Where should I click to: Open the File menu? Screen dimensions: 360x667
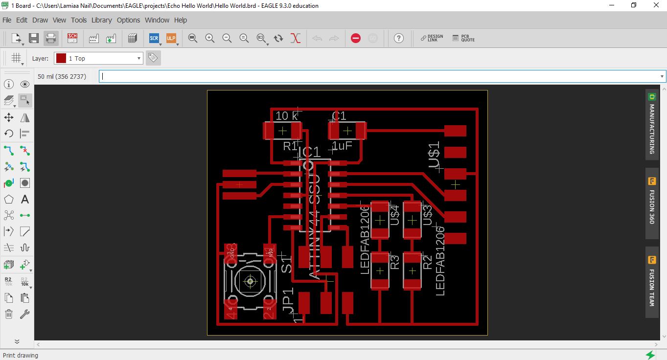pos(7,20)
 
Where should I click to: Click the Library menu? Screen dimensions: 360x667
pos(101,20)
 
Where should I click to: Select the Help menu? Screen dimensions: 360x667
pos(181,20)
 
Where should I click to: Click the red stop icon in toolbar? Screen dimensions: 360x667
pos(356,38)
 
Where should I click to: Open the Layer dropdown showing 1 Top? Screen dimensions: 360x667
pos(98,58)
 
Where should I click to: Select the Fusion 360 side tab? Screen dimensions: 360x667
pos(652,201)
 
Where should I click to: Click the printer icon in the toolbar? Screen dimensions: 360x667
pos(51,38)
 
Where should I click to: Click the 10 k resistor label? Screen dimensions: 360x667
pos(287,116)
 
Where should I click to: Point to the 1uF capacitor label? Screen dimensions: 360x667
pos(342,146)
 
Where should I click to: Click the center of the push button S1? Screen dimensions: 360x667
pos(250,281)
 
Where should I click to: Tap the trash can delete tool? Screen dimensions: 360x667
pos(9,314)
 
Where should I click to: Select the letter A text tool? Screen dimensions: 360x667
pos(25,200)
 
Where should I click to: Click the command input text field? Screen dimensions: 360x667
pos(379,76)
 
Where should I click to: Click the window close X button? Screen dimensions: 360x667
pos(656,5)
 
